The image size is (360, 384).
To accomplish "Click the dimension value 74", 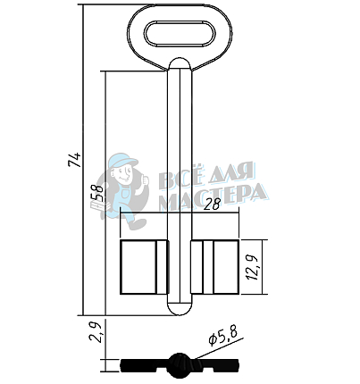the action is click(74, 160).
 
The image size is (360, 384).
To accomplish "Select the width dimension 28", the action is click(213, 205).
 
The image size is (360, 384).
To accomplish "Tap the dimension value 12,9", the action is click(253, 267).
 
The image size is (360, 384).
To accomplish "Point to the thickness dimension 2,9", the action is click(96, 332).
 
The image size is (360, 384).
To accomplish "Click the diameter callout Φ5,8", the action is click(223, 337).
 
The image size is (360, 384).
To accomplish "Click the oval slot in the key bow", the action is click(180, 33).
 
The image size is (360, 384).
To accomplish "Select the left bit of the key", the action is click(144, 267).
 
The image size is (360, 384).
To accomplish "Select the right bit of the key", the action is click(214, 267).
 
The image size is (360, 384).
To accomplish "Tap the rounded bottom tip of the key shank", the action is click(180, 310).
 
